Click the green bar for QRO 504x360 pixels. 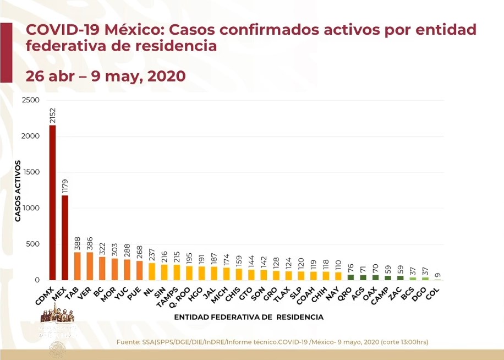[350, 277]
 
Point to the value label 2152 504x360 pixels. [52, 116]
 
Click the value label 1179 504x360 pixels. [65, 186]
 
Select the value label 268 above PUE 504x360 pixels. [139, 251]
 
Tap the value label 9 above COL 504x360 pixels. [437, 275]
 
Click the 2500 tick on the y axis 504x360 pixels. [31, 100]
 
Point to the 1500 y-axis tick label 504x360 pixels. [31, 172]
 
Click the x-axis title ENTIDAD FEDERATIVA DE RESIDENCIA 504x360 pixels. [249, 317]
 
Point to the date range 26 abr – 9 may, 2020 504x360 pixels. [106, 76]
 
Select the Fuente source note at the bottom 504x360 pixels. [272, 342]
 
